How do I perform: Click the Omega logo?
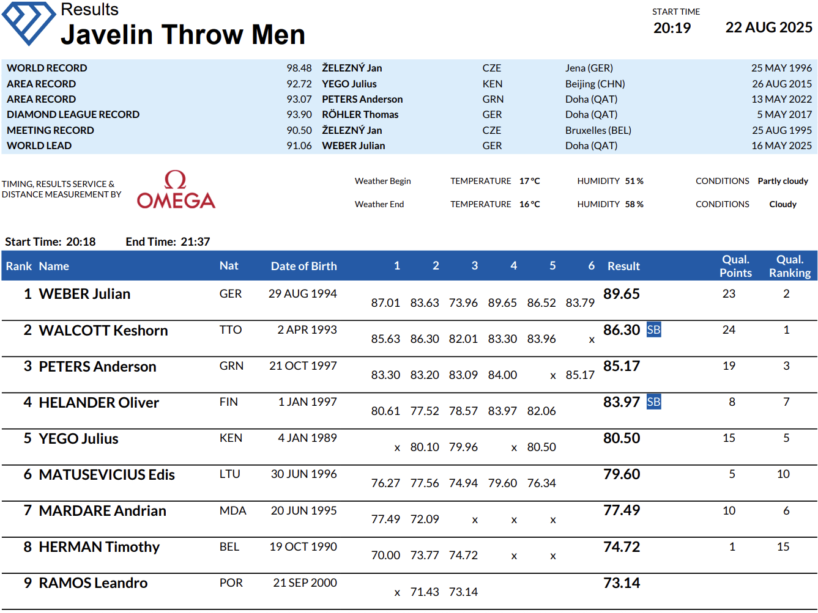[176, 190]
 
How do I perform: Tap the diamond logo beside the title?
[29, 23]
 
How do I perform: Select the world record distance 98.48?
[299, 68]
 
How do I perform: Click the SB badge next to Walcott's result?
[653, 330]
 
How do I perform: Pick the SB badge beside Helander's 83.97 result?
[653, 402]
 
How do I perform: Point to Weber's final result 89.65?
[621, 294]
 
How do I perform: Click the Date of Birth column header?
[303, 266]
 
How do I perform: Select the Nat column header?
[229, 266]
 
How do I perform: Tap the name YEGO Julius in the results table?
[78, 439]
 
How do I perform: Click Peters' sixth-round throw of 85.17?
[579, 375]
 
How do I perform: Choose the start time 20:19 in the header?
[672, 28]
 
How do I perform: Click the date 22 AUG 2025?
[768, 28]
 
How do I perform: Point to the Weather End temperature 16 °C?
[529, 204]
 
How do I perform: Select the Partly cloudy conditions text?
[783, 181]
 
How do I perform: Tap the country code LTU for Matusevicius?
[230, 474]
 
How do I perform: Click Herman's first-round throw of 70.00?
[385, 555]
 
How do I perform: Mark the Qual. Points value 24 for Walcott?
[729, 330]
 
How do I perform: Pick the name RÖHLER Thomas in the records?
[360, 114]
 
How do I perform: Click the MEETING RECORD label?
[50, 130]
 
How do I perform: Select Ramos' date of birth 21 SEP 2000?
[305, 583]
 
